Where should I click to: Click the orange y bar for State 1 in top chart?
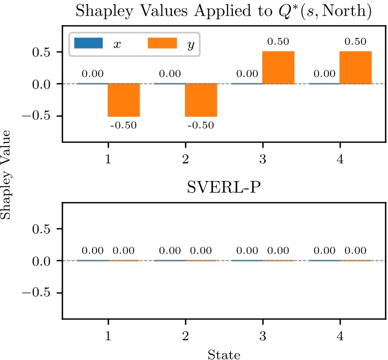(124, 100)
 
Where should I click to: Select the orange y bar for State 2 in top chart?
(201, 100)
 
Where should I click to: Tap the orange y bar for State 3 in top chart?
(278, 67)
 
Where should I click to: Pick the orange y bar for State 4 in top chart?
(356, 67)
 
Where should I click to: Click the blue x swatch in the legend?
(89, 43)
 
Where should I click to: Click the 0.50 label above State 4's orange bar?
(355, 42)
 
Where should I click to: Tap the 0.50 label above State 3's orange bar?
(278, 42)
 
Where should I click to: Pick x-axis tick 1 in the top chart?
(108, 159)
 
